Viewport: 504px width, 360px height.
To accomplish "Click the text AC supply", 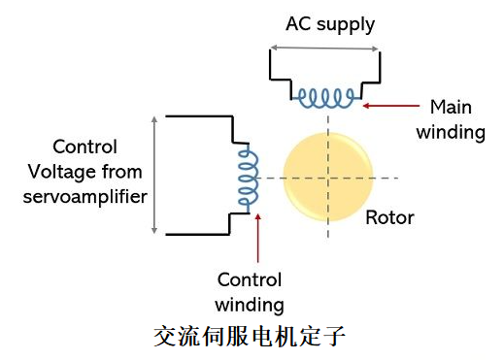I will [x=330, y=23].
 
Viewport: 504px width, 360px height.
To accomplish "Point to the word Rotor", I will [x=389, y=217].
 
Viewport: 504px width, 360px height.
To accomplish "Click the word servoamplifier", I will [x=86, y=197].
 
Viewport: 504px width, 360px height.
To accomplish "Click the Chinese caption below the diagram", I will [x=250, y=337].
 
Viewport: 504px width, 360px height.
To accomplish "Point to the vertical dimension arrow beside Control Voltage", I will [x=154, y=175].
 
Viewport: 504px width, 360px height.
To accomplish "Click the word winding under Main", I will [x=451, y=132].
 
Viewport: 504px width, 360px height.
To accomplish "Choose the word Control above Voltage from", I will [x=84, y=147].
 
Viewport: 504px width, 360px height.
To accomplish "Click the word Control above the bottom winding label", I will [x=249, y=280].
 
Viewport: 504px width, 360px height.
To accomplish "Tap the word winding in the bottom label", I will [x=249, y=306].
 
